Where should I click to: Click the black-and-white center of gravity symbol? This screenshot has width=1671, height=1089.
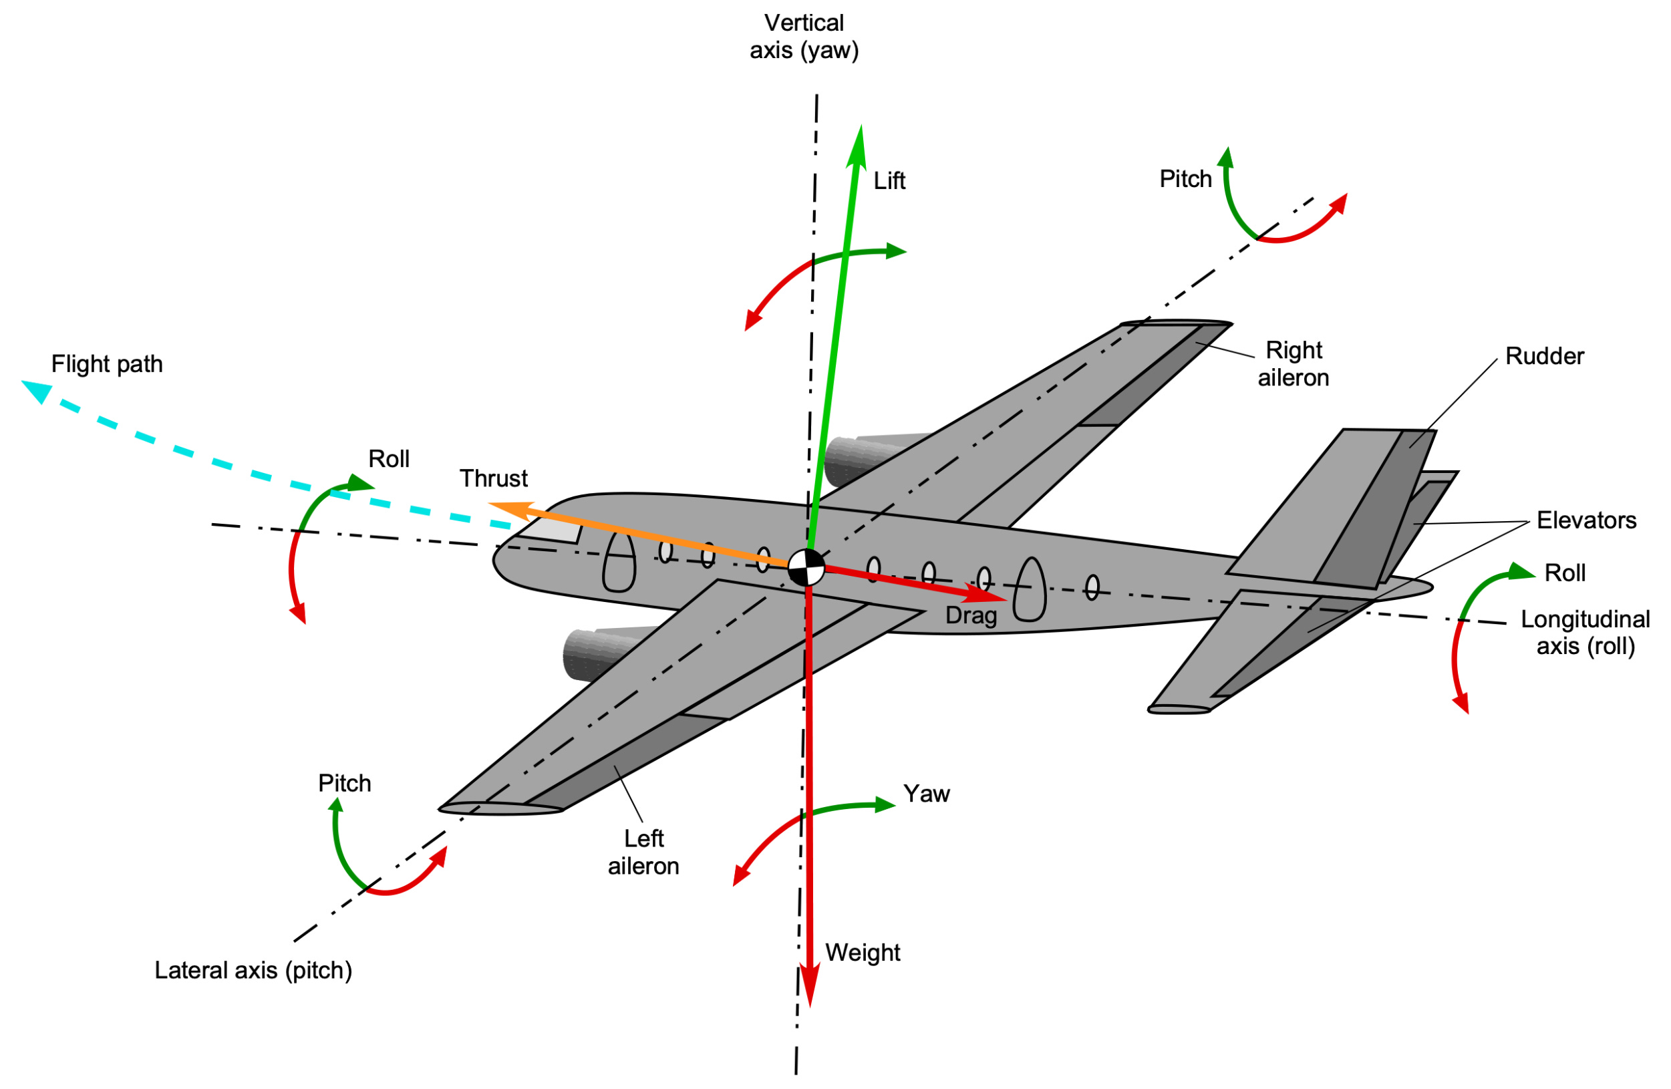[806, 567]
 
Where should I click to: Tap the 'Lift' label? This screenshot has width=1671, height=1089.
[889, 181]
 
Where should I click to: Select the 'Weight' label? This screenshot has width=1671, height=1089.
[862, 953]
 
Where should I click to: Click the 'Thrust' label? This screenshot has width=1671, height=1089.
[494, 478]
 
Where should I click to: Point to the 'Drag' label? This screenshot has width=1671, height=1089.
[971, 616]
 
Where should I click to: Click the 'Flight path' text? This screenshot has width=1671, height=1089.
[107, 363]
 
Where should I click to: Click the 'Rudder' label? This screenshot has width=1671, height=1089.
[1545, 356]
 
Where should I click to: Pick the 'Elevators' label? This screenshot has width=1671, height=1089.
[1586, 520]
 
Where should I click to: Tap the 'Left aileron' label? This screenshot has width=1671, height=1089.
[643, 852]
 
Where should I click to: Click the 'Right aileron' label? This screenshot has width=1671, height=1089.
[1294, 363]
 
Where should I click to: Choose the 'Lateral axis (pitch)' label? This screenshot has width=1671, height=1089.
[253, 970]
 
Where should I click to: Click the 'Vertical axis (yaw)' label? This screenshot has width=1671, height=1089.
[804, 37]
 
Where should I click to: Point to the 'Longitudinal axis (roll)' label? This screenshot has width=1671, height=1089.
[1585, 633]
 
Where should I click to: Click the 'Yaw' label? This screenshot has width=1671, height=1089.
[926, 794]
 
